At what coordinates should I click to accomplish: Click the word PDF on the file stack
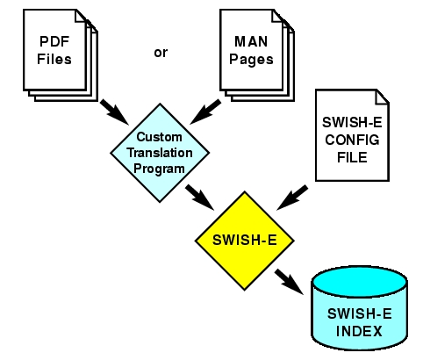coord(54,41)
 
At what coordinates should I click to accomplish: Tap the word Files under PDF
coord(54,59)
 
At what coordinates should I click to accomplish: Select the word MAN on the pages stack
coord(251,41)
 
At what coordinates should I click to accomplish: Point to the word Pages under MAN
coord(251,60)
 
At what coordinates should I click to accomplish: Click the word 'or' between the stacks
coord(161,53)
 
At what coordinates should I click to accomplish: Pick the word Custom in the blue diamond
coord(160,137)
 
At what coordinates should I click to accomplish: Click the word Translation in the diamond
coord(160,153)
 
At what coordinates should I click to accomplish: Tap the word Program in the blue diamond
coord(159,169)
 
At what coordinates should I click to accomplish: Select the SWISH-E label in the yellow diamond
coord(245,240)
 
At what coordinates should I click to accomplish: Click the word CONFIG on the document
coord(352,140)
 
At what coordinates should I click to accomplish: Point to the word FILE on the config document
coord(352,157)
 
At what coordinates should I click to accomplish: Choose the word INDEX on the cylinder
coord(359,331)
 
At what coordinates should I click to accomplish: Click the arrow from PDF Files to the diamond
coord(114,112)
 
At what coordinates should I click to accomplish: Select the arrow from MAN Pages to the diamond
coord(205,112)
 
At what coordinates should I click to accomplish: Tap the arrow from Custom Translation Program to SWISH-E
coord(200,197)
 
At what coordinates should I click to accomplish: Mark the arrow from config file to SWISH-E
coord(292,198)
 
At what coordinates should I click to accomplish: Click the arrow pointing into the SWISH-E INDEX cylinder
coord(289,282)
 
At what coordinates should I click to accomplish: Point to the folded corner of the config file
coord(382,97)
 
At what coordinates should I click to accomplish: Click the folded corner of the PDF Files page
coord(81,16)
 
